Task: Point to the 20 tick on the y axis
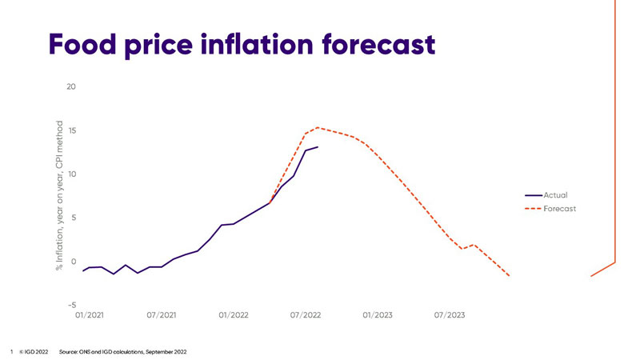coord(71,86)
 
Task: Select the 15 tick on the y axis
coord(71,130)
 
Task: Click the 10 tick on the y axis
coord(71,174)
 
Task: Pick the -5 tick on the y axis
coord(71,305)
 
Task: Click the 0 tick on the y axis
coord(73,262)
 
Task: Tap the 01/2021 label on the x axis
coord(90,315)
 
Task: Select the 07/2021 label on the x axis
coord(162,315)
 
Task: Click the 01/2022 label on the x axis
coord(234,315)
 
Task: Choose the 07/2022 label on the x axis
coord(306,315)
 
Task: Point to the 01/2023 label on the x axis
coord(378,315)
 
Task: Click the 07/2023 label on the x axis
coord(450,315)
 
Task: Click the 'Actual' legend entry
coord(555,194)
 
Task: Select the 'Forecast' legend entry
coord(560,209)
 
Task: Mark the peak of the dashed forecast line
coord(318,127)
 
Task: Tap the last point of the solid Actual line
coord(318,147)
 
